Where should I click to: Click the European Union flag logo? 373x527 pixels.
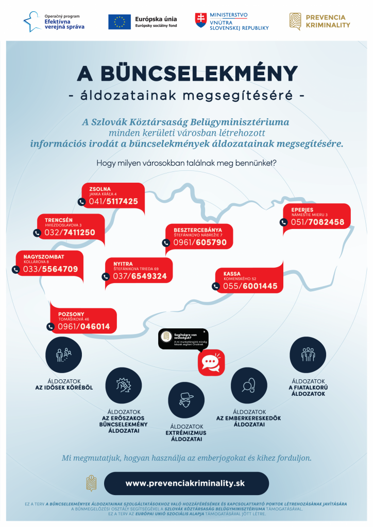pos(119,21)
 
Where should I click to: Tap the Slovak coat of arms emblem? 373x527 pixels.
pos(200,21)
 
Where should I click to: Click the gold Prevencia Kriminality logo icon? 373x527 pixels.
pos(295,21)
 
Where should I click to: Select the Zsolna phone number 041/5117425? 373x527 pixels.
pos(114,202)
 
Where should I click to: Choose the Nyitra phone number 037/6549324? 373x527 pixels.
pos(140,276)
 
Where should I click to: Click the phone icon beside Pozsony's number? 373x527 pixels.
pos(50,326)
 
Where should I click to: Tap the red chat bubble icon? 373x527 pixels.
pos(211,363)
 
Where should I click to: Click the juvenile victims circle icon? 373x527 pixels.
pos(308,353)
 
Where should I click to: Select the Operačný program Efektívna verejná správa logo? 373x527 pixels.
pos(54,21)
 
